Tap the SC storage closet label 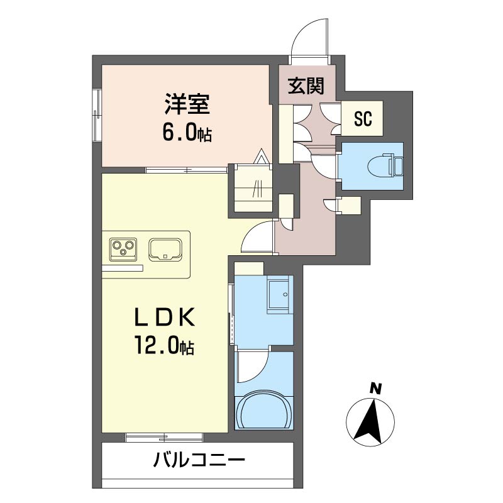(363, 118)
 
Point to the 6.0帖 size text (187, 133)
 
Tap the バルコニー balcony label (199, 462)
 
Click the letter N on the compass (375, 389)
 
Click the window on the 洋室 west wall (97, 113)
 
